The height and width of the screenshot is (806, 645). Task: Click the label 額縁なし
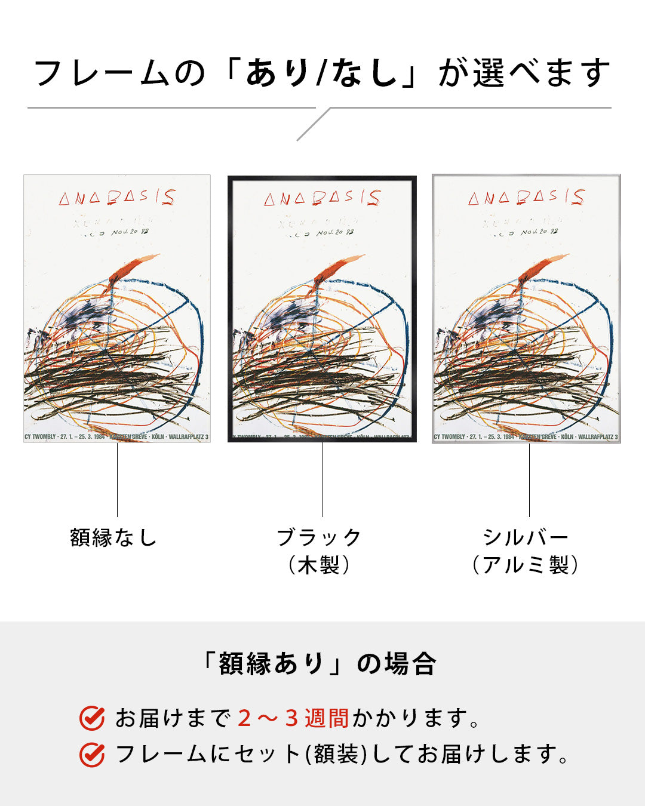[113, 537]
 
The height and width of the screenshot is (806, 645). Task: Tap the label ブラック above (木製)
[319, 537]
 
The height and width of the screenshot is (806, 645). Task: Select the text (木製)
[319, 565]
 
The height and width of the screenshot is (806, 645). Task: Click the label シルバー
[526, 537]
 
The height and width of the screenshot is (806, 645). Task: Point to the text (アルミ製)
[526, 565]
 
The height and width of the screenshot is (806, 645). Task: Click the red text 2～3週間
[293, 718]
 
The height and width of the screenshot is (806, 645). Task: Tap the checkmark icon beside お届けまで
[92, 718]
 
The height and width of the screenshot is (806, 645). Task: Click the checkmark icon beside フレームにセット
[92, 755]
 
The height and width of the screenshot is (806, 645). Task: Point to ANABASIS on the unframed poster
[117, 198]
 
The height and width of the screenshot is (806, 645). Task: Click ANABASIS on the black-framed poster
[322, 198]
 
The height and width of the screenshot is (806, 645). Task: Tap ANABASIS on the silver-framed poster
[526, 198]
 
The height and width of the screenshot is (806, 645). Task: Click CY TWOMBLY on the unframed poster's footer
[40, 437]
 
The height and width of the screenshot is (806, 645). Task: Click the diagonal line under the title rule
[313, 125]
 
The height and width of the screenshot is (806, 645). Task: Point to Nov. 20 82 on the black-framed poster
[335, 232]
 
